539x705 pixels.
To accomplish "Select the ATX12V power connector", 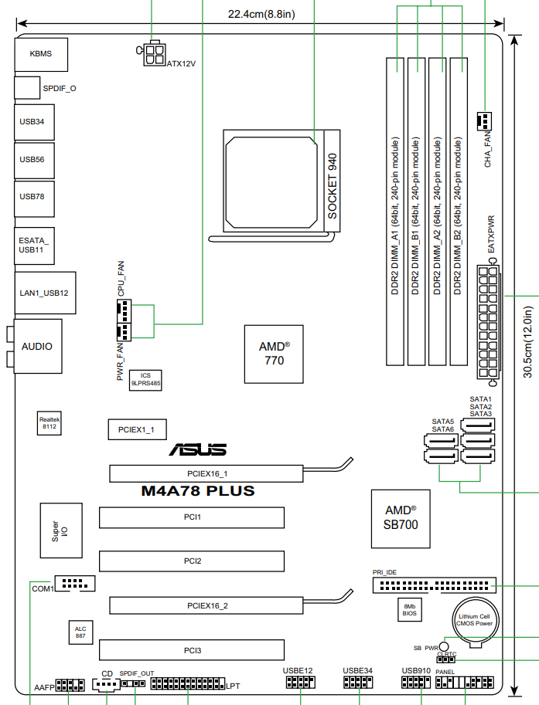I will click(x=155, y=53).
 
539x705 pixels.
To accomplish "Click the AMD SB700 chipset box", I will click(x=401, y=518).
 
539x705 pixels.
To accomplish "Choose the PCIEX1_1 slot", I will click(x=136, y=429).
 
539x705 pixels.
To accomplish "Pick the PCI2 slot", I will click(x=192, y=560).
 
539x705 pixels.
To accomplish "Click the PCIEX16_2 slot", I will click(x=207, y=605).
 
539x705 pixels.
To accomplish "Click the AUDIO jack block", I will click(x=37, y=347).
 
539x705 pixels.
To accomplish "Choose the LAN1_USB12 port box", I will click(x=44, y=293).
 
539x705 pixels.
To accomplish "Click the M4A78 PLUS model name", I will click(x=197, y=490).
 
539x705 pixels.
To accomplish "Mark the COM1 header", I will click(x=74, y=585).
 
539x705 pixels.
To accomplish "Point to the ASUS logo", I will click(x=199, y=449).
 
